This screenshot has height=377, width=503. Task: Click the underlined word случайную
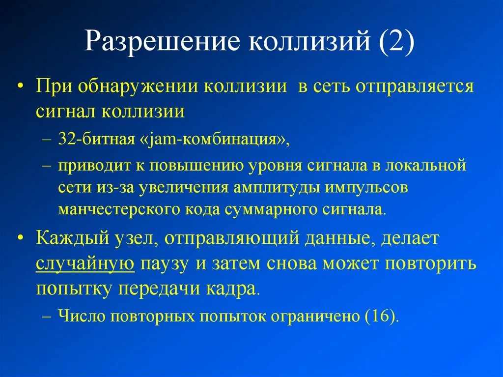[85, 264]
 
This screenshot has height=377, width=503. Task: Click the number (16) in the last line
[381, 316]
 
